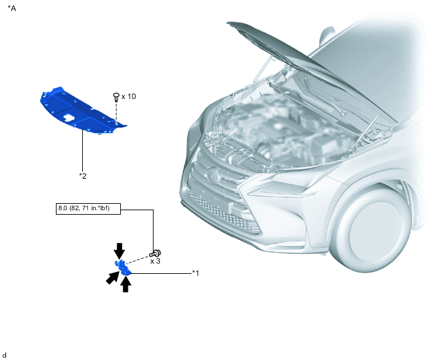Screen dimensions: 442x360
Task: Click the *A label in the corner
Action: [12, 8]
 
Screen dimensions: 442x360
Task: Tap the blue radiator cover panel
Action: [82, 111]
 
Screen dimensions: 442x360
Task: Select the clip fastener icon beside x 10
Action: [116, 97]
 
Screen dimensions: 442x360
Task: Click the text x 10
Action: [128, 96]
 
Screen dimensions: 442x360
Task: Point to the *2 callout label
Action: [83, 175]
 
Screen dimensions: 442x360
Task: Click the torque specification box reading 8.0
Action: [88, 208]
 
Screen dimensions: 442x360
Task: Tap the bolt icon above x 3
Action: [155, 253]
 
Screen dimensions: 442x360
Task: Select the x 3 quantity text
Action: [155, 261]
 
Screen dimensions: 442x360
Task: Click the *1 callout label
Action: [196, 273]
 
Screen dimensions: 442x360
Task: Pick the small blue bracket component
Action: [123, 267]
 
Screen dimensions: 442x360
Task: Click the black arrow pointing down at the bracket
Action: [119, 251]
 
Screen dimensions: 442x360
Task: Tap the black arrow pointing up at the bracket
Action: [126, 284]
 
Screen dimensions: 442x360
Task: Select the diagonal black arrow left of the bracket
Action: [112, 278]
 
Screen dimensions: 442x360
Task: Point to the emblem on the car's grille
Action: [213, 174]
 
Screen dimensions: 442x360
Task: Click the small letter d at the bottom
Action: [4, 355]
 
